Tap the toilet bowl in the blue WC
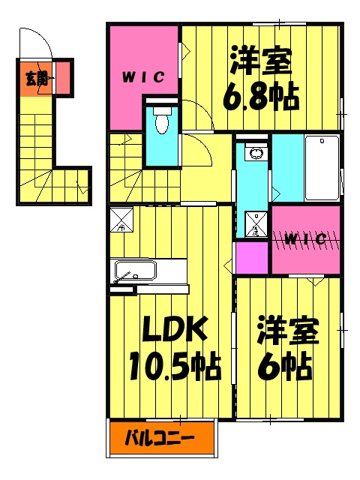coord(161,123)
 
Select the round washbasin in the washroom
coord(256,154)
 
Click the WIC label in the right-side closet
coord(305,239)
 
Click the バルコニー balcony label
coord(159,436)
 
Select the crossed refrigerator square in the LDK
coord(121,220)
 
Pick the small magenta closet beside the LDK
coord(251,258)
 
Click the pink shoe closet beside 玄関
coord(64,77)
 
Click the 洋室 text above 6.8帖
coord(261,61)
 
